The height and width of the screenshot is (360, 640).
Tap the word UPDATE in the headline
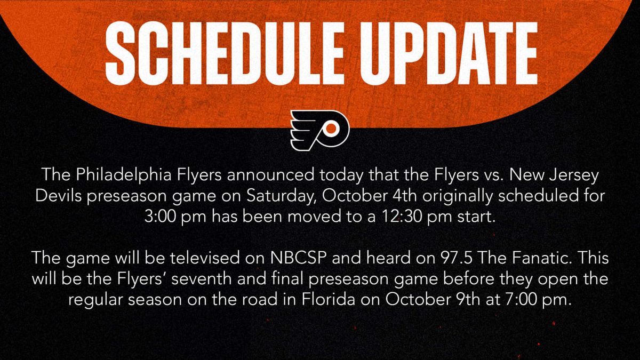[449, 53]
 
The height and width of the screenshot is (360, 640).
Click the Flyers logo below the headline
[319, 130]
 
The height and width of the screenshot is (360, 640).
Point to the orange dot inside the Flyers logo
[331, 129]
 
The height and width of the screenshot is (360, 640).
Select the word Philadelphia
[123, 175]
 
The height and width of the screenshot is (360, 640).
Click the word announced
[271, 174]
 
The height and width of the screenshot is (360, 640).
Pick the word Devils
[59, 196]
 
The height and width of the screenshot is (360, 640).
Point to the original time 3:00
[159, 217]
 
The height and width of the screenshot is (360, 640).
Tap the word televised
[205, 258]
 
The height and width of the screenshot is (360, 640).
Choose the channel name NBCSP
[298, 258]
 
